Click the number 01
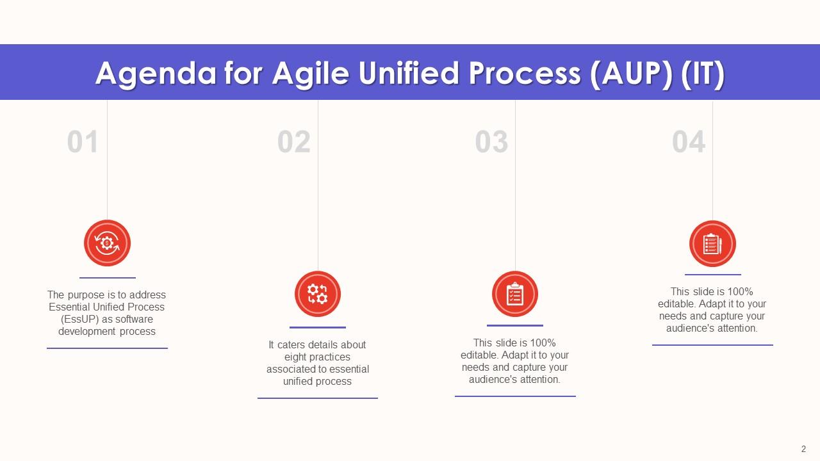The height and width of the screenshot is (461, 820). [x=83, y=142]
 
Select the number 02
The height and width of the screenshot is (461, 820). [x=293, y=142]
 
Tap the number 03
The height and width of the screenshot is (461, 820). [x=491, y=142]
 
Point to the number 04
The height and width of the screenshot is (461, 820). [x=689, y=142]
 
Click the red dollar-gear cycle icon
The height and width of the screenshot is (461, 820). [x=107, y=243]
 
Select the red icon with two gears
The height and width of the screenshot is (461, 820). [x=318, y=294]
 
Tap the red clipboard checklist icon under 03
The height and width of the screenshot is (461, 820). [x=515, y=294]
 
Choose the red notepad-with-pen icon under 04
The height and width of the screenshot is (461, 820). [x=712, y=243]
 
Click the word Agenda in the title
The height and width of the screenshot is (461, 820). [x=156, y=74]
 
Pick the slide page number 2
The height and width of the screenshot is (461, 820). [x=803, y=449]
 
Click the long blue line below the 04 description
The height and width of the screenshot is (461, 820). [x=712, y=345]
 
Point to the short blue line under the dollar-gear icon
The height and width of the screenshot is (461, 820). [x=107, y=278]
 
